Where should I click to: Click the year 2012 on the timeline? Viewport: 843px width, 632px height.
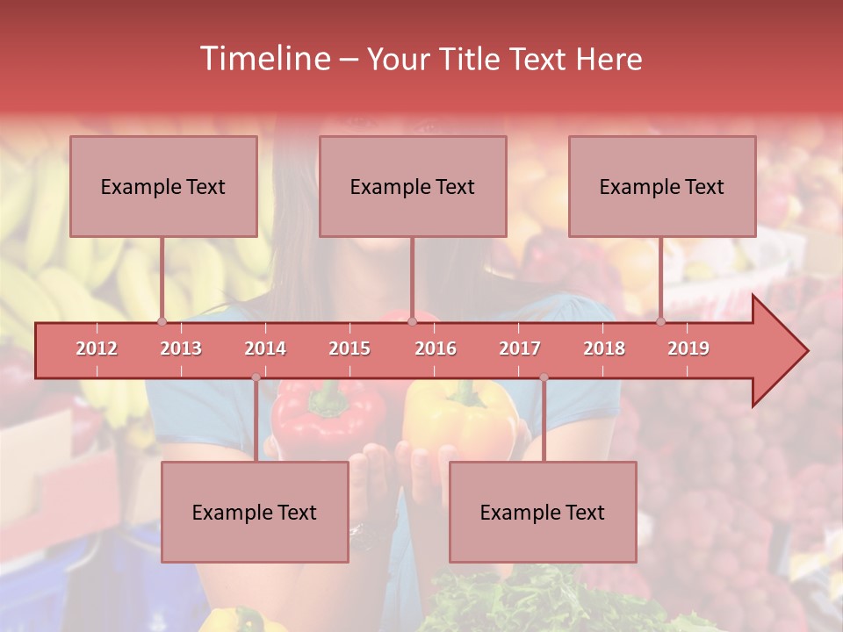[x=97, y=348]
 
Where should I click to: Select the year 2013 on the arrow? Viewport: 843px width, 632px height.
[x=181, y=348]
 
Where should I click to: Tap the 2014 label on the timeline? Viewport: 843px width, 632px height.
[x=265, y=348]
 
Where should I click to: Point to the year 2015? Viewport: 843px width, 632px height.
[x=349, y=348]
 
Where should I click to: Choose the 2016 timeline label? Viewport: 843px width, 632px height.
[x=436, y=348]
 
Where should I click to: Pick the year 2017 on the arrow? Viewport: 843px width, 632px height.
[x=520, y=348]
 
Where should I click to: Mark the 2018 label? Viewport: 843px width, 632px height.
[x=604, y=348]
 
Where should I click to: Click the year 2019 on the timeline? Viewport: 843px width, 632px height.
[x=688, y=348]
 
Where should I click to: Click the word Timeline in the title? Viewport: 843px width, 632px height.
[x=263, y=59]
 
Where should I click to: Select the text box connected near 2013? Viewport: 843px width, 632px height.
[x=163, y=186]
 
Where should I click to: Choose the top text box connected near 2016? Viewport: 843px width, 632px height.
[x=413, y=186]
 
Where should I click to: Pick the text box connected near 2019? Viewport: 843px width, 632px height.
[x=662, y=186]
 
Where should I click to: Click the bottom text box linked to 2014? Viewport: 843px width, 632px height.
[x=255, y=512]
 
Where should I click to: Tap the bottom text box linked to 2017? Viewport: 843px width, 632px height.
[x=543, y=512]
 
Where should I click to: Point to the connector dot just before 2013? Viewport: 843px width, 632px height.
[x=162, y=322]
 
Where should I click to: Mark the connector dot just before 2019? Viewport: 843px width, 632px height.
[x=660, y=322]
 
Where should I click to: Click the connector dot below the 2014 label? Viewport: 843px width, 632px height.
[x=256, y=377]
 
